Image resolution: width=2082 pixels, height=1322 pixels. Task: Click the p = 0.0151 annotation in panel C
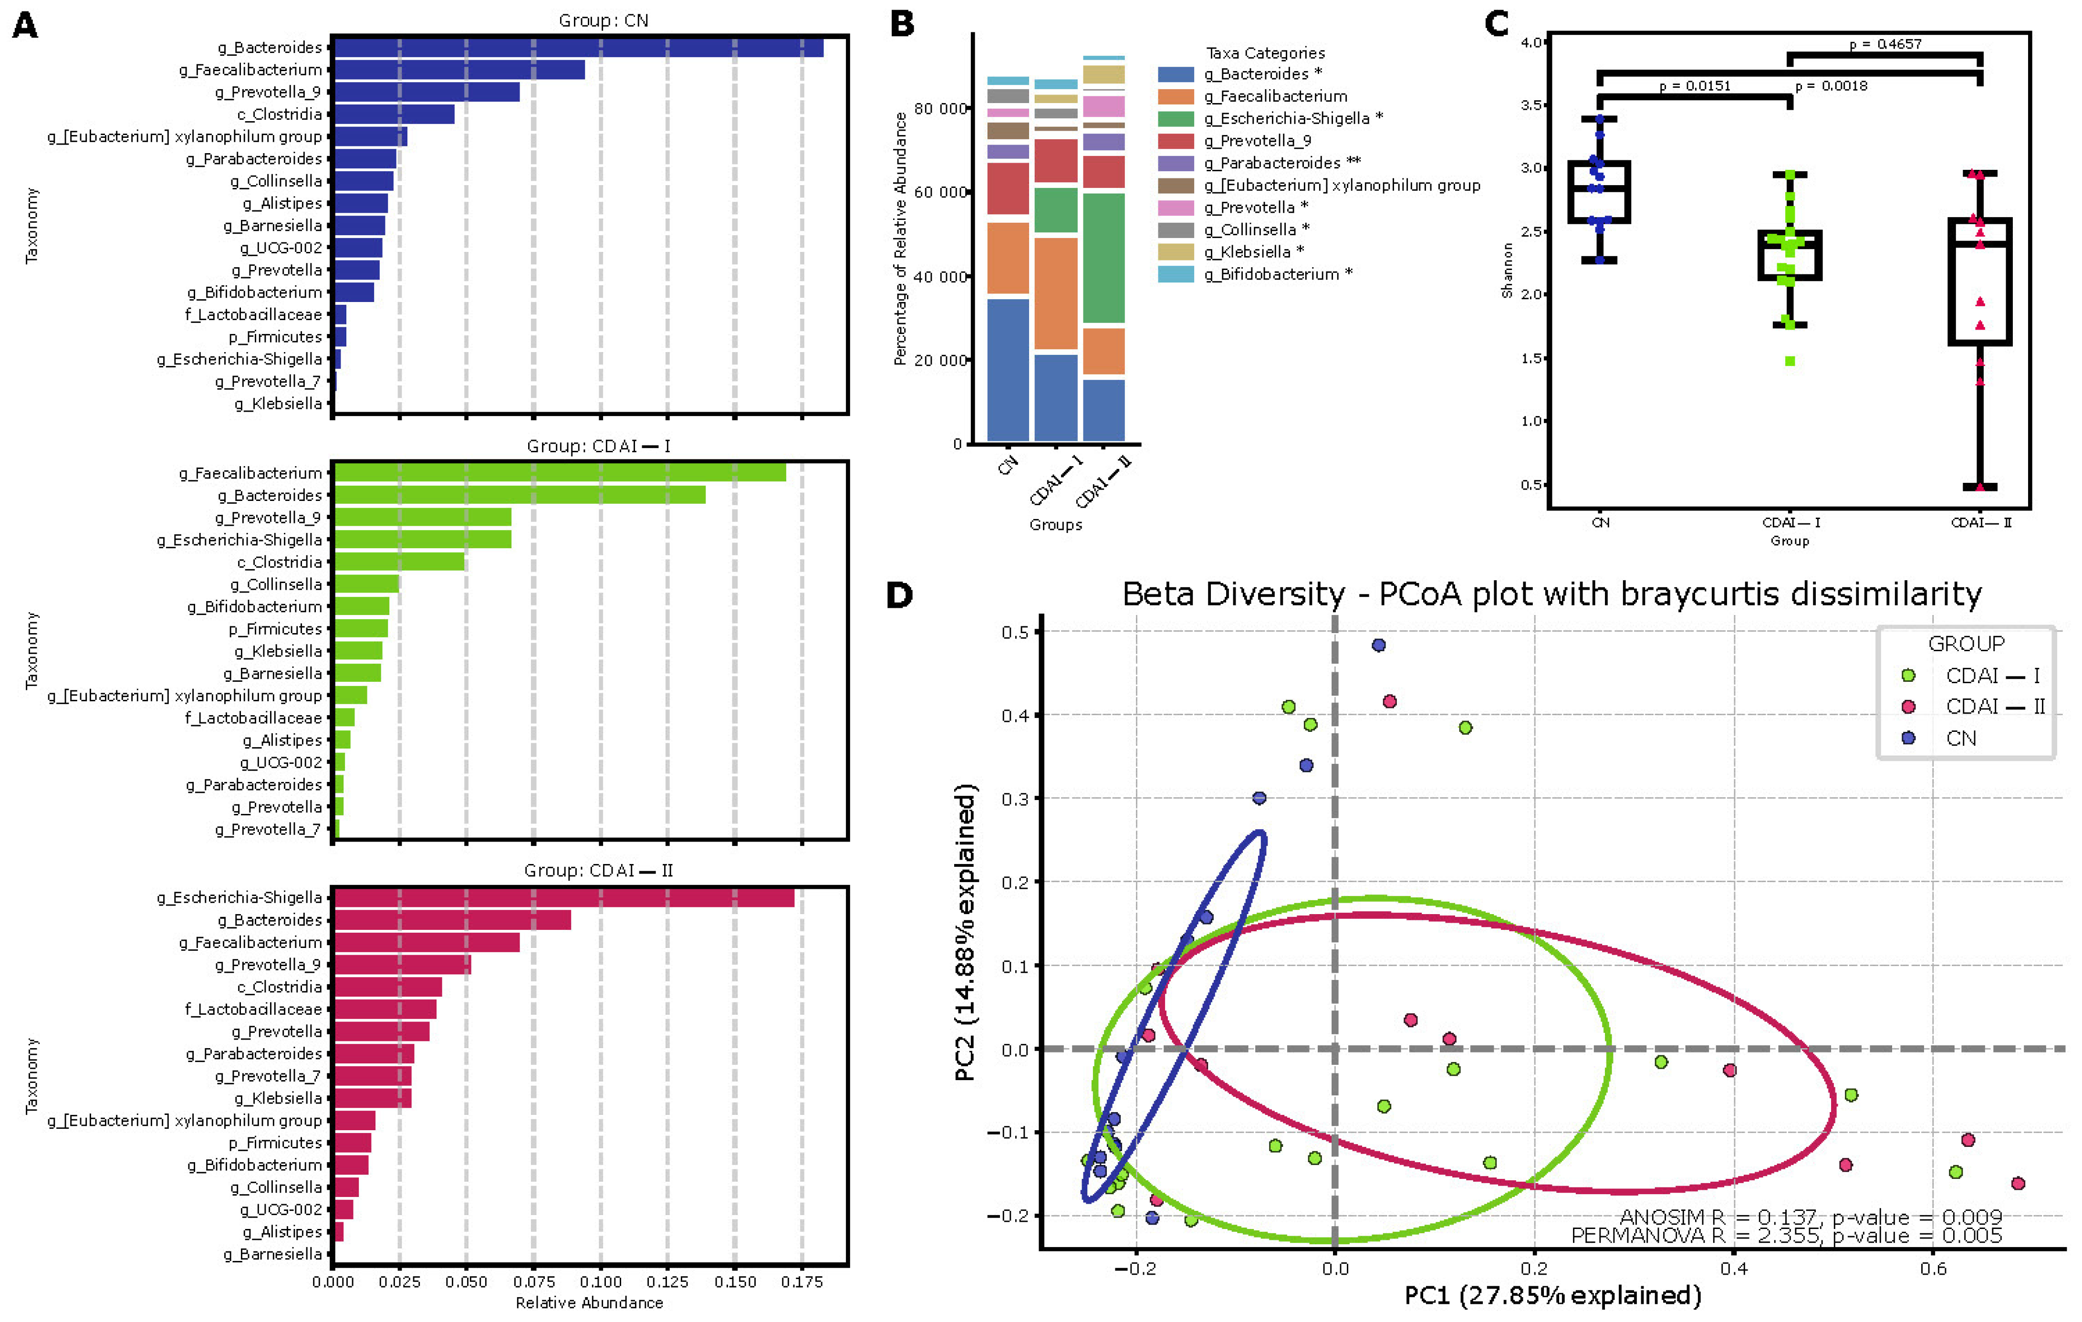tap(1695, 85)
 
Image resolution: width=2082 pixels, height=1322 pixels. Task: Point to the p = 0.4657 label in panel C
tap(1885, 44)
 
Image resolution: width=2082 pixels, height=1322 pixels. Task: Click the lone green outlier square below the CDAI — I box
tap(1790, 362)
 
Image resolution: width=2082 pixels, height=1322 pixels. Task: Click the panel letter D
tap(899, 595)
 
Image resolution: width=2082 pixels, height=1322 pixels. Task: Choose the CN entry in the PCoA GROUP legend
tap(1961, 739)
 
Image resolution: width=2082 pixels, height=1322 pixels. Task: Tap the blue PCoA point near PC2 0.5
tap(1379, 645)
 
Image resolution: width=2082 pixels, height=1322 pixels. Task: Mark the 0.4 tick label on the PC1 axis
tap(1734, 1269)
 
